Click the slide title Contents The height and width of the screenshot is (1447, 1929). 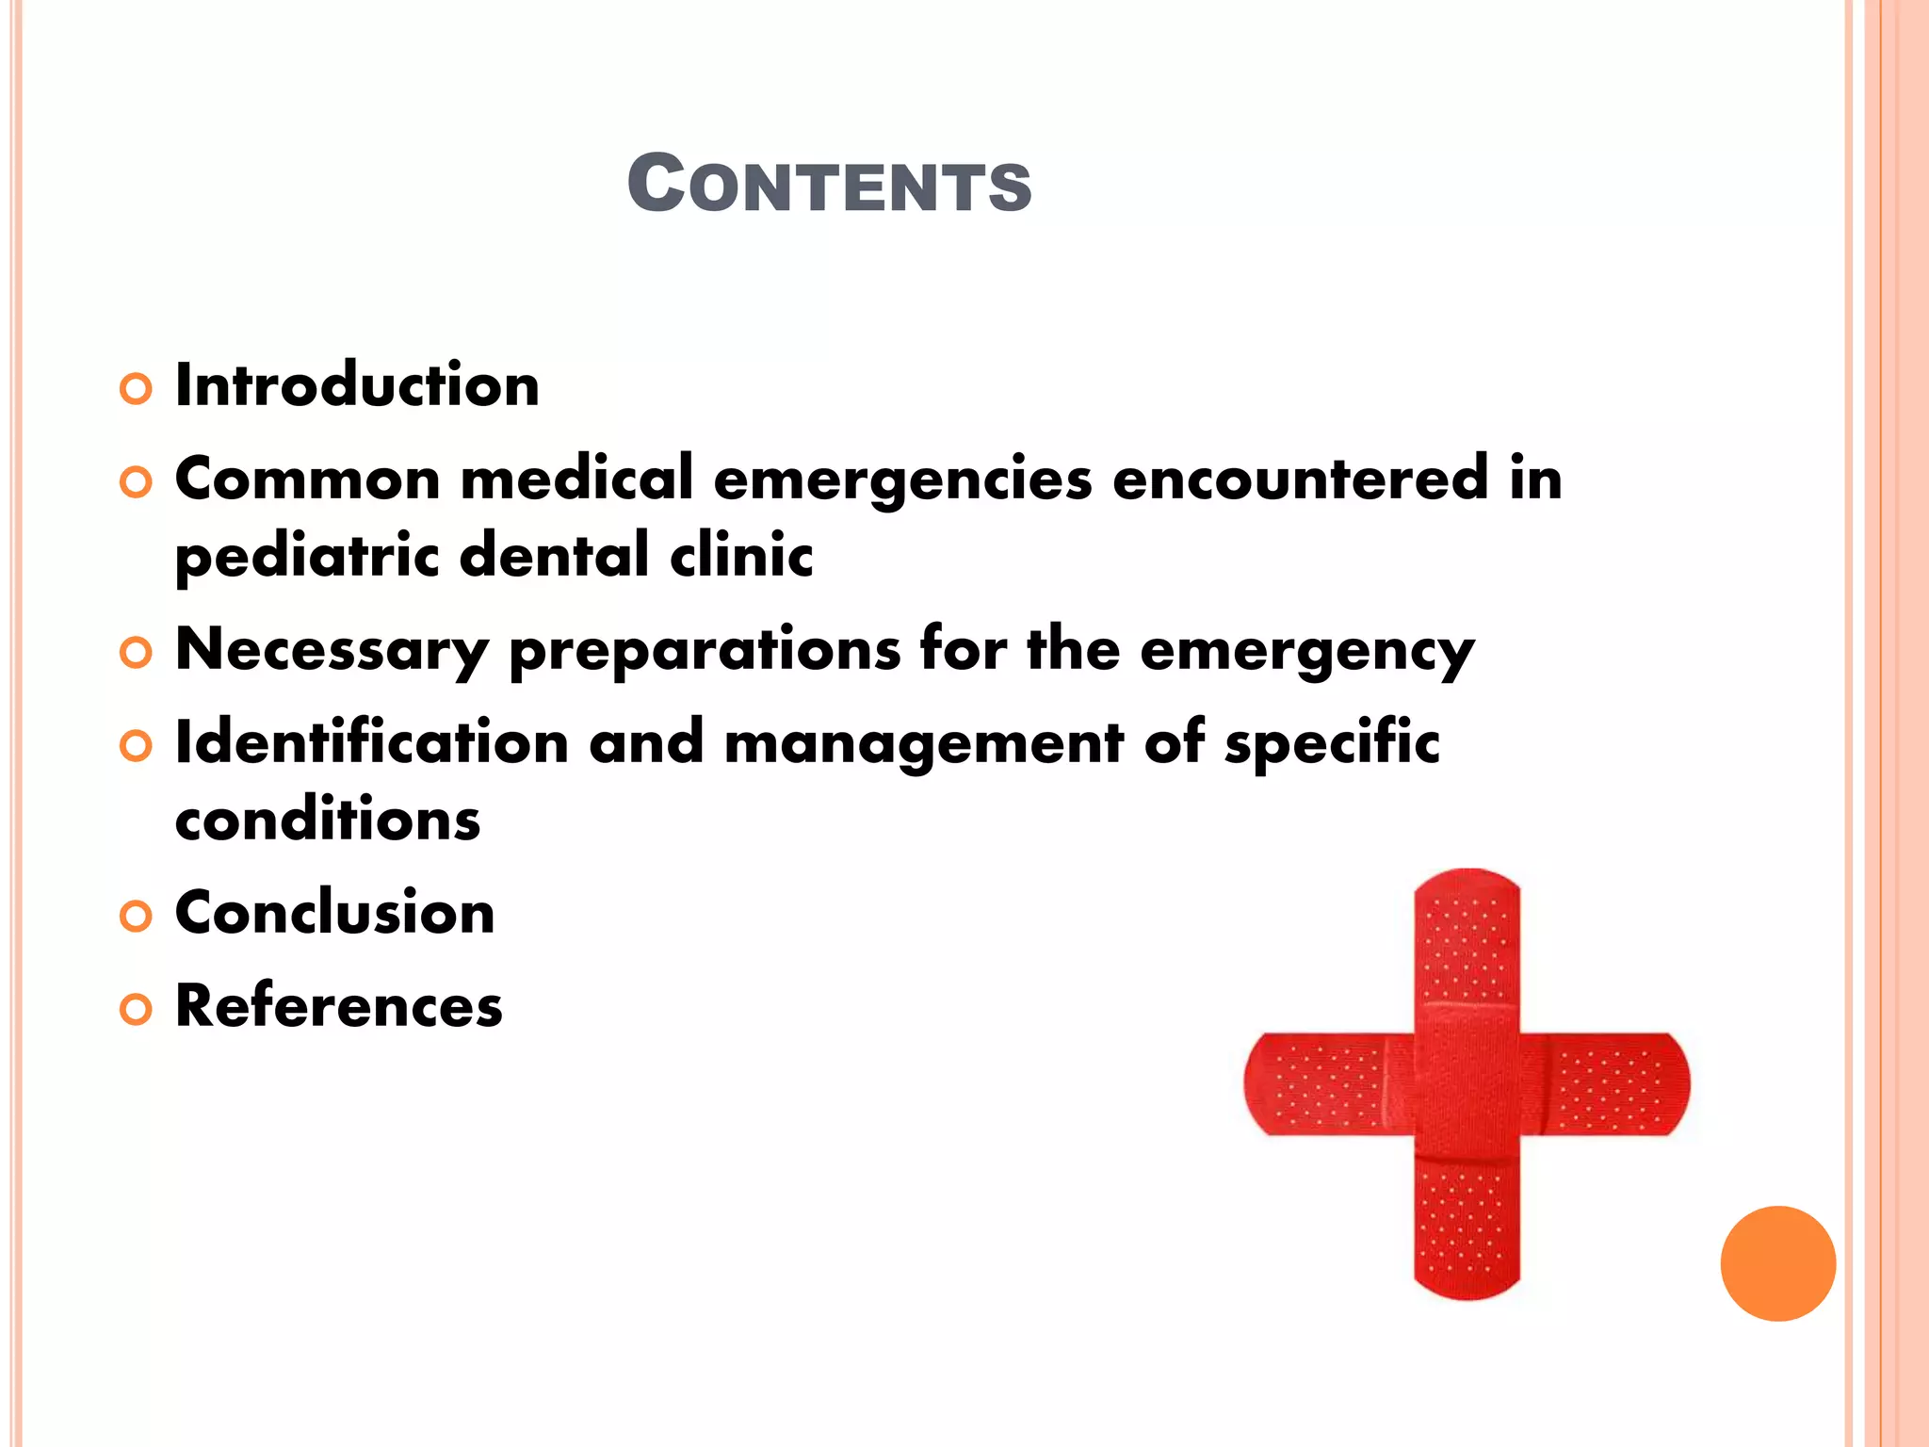(829, 184)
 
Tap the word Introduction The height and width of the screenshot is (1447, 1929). (357, 386)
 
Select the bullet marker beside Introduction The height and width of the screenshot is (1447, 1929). (136, 389)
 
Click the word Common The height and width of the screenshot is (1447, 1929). (307, 479)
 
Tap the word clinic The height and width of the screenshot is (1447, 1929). (741, 555)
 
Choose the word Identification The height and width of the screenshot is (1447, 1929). (372, 742)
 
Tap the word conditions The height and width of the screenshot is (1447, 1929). (328, 820)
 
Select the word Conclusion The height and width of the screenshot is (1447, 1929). (334, 913)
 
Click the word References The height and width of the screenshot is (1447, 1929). (339, 1006)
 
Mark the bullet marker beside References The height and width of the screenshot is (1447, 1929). (136, 1010)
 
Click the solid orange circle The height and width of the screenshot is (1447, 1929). (1777, 1263)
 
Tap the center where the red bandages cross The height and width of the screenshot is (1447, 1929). (1467, 1083)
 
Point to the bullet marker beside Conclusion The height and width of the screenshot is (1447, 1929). (136, 917)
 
